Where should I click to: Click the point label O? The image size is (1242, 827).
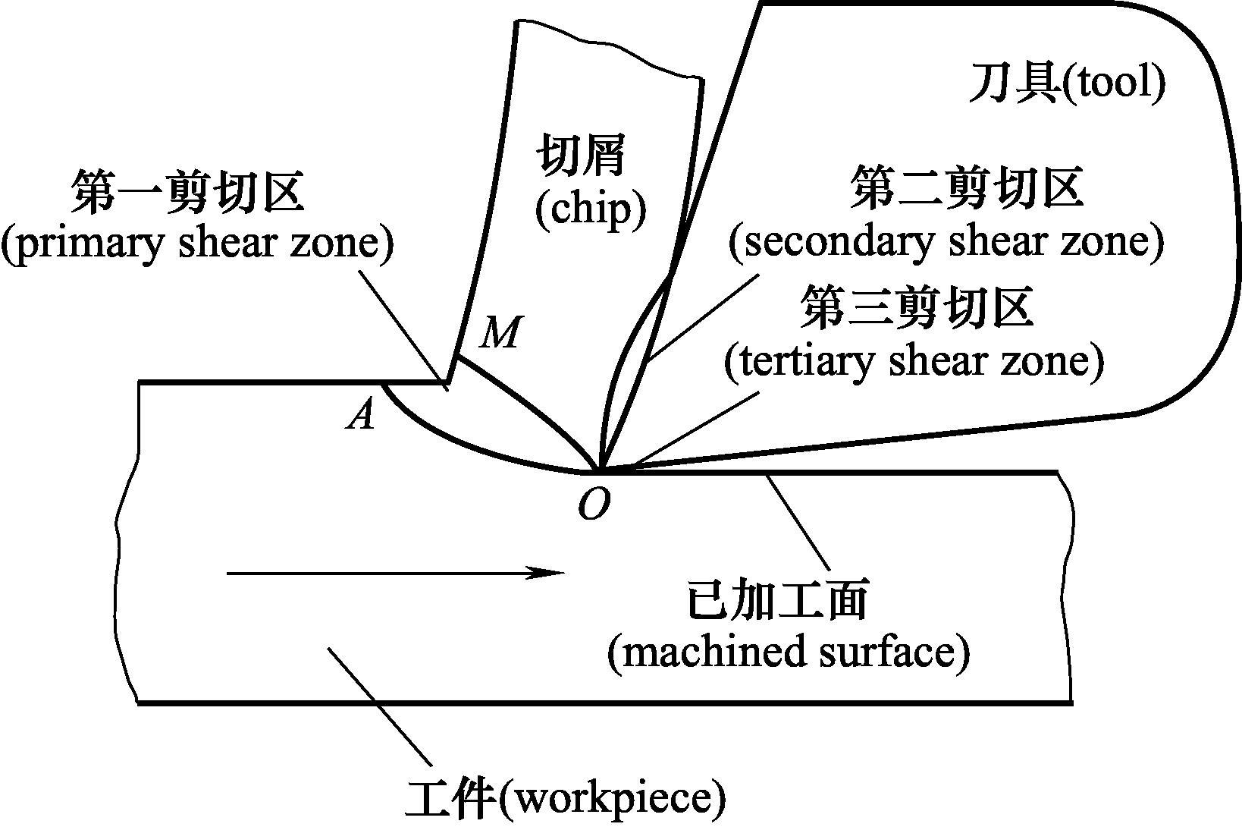click(x=593, y=503)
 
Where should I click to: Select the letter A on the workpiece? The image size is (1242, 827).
click(x=362, y=414)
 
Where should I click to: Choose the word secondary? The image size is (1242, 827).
click(x=822, y=242)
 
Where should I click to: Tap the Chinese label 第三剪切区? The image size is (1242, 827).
click(x=918, y=308)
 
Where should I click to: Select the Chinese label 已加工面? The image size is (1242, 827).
click(x=776, y=600)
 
